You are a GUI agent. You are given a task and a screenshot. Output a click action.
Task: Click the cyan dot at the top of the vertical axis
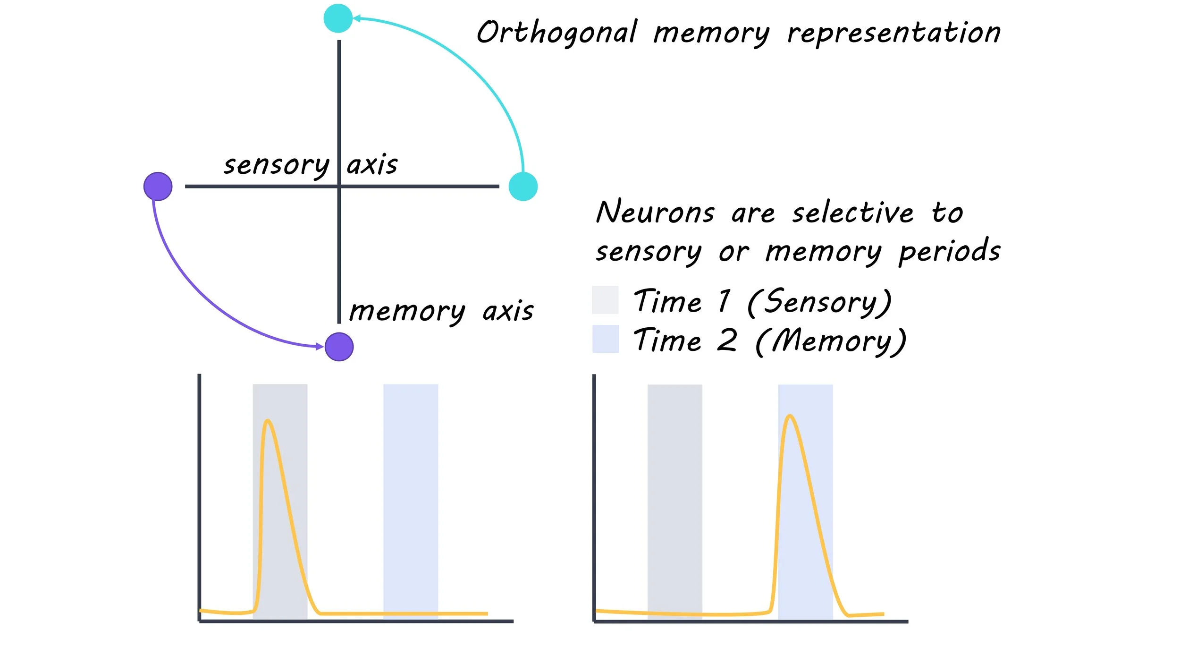[338, 18]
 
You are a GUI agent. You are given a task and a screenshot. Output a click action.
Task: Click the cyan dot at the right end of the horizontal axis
[523, 187]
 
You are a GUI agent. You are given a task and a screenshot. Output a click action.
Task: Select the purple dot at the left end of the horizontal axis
[158, 187]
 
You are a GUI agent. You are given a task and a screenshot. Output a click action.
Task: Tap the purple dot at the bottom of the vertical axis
[339, 347]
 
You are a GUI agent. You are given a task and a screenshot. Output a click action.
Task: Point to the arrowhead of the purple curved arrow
[320, 347]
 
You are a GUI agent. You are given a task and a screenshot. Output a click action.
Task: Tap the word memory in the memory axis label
[407, 312]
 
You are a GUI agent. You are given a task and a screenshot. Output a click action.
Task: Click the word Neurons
[655, 212]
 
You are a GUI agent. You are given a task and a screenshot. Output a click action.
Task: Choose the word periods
[949, 251]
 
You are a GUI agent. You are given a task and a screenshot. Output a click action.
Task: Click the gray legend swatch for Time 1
[605, 300]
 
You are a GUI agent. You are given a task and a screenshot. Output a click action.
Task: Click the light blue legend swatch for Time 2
[606, 339]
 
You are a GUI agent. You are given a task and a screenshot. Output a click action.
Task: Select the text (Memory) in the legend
[831, 341]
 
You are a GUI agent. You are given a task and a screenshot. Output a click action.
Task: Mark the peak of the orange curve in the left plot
[268, 420]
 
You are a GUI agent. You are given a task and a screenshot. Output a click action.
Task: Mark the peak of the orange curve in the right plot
[790, 416]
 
